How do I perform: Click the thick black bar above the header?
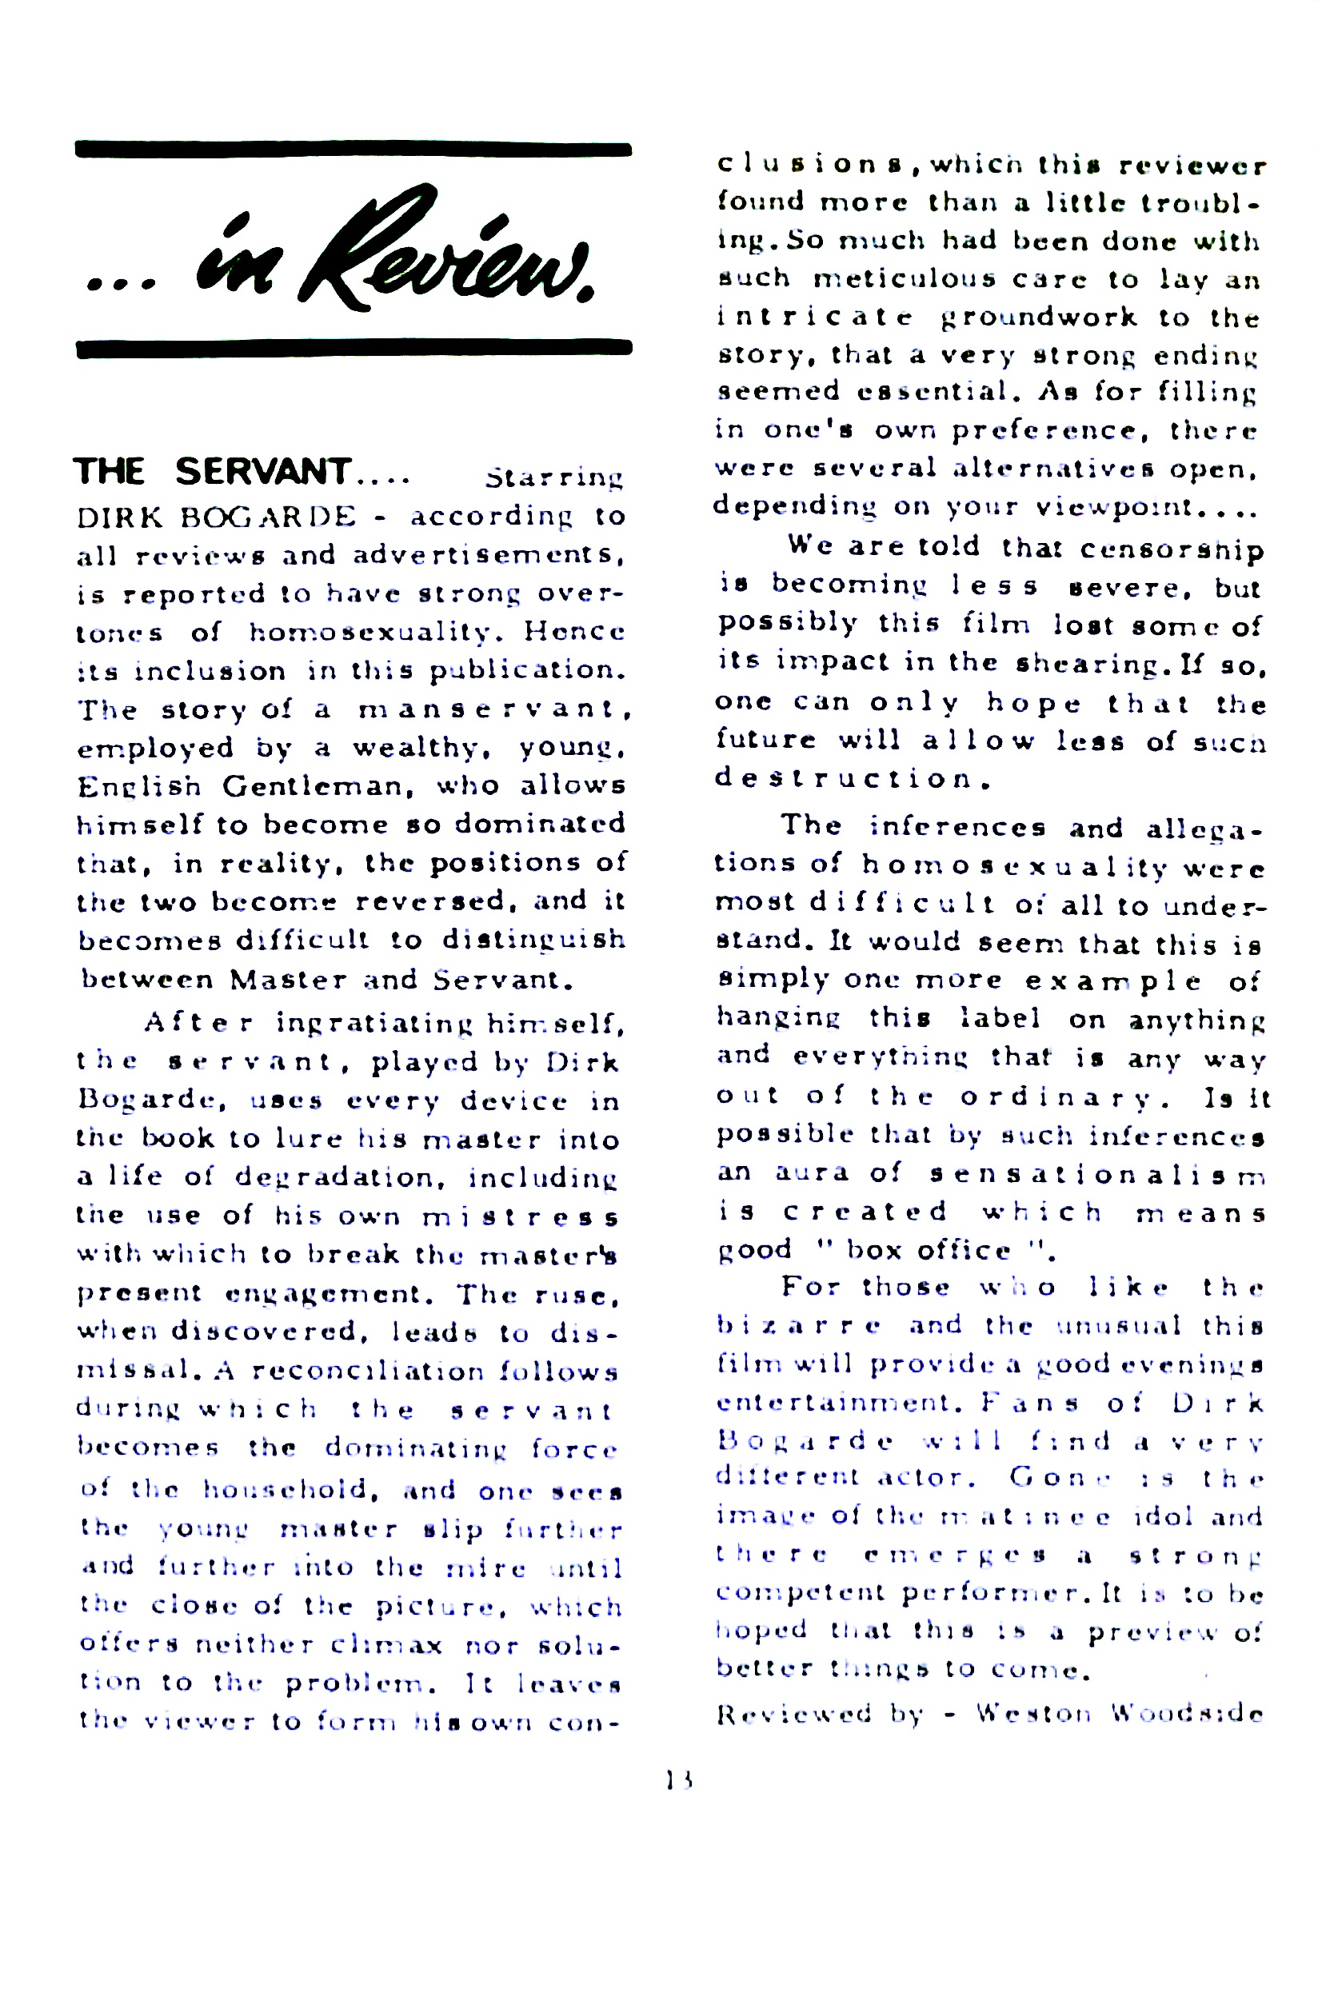(353, 150)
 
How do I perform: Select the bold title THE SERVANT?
(211, 471)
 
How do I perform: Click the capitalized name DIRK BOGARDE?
(217, 516)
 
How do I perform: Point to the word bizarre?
(798, 1325)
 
